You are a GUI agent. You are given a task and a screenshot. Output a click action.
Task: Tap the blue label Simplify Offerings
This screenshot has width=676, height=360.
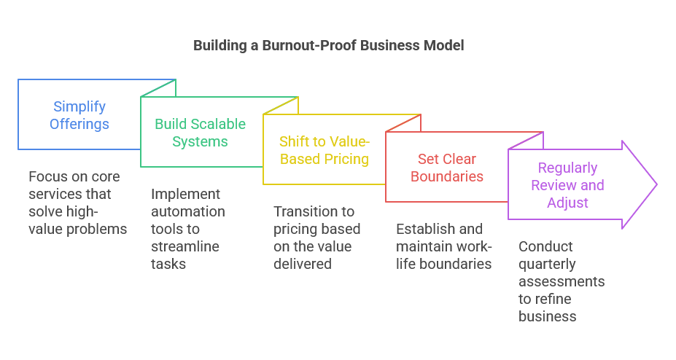79,115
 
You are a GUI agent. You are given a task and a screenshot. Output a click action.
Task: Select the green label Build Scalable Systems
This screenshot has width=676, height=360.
200,133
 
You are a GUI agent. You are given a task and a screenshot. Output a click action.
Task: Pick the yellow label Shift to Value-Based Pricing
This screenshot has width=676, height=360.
325,150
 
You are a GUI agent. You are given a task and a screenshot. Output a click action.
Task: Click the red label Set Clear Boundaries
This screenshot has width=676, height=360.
446,168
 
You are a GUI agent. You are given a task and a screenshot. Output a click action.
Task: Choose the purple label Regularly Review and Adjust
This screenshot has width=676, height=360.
567,185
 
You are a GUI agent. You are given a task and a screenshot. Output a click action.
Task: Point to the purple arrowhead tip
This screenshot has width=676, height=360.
656,185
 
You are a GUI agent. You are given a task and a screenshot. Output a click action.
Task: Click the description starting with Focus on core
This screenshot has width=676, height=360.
77,203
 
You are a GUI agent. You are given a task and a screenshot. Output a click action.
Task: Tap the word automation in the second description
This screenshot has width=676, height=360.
188,211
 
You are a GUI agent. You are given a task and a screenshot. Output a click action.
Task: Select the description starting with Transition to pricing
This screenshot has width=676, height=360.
317,238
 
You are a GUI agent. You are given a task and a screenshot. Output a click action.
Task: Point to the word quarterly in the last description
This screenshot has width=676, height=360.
547,265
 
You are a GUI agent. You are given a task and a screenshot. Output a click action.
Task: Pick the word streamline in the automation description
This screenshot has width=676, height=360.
185,246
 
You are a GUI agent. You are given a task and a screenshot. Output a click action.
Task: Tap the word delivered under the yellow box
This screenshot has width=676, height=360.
302,264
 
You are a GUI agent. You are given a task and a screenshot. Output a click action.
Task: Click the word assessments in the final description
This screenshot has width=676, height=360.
562,281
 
